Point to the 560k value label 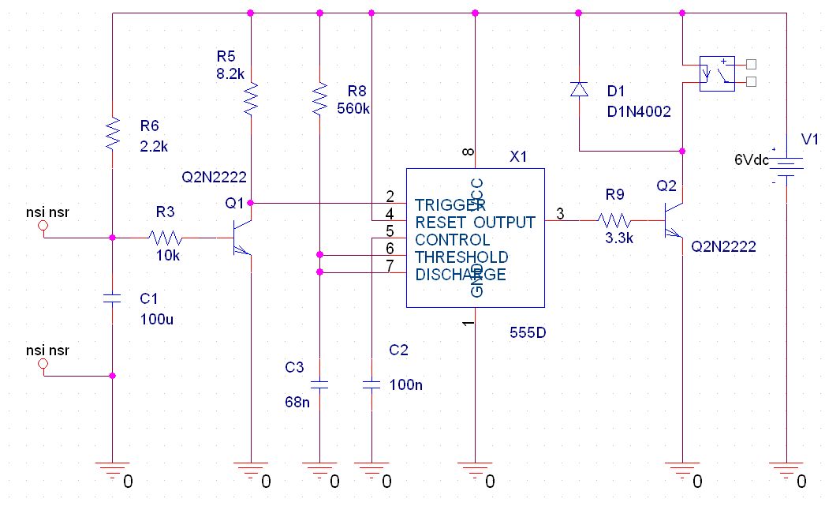353,108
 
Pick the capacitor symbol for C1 113,298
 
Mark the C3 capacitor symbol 319,385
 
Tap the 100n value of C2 406,385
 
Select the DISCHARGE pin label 461,274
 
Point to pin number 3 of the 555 560,213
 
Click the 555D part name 528,332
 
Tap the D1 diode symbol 579,88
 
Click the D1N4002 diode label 639,112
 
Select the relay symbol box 717,73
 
